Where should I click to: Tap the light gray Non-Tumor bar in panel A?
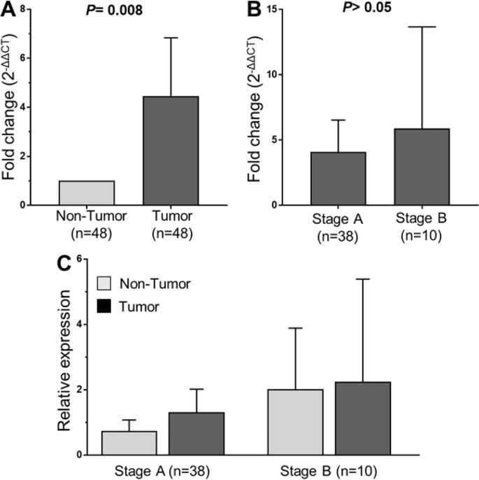pyautogui.click(x=87, y=192)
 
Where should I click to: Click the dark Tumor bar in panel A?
pyautogui.click(x=171, y=150)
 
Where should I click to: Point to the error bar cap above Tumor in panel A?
pyautogui.click(x=171, y=38)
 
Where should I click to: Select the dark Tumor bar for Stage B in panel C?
pyautogui.click(x=363, y=418)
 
